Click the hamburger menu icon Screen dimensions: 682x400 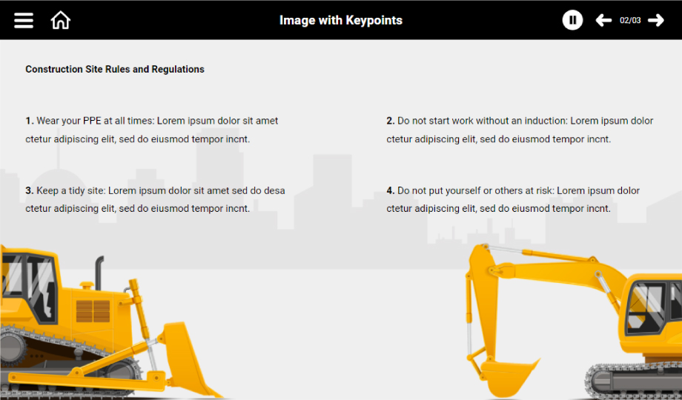tap(24, 20)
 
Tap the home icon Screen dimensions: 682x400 tap(61, 20)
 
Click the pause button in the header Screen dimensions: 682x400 tap(572, 20)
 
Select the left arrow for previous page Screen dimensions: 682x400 tap(603, 20)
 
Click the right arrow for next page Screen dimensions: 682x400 tap(656, 20)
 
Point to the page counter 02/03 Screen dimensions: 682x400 tap(630, 21)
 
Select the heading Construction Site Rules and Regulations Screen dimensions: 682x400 tap(115, 69)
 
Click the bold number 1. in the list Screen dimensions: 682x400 tap(30, 121)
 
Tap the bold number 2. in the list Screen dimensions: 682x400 tap(391, 121)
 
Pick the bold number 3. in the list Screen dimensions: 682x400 tap(30, 190)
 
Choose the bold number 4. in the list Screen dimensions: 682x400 tap(391, 190)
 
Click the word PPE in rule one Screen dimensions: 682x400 tap(92, 121)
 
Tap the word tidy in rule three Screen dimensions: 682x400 tap(76, 191)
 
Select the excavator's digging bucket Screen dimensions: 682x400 tap(509, 376)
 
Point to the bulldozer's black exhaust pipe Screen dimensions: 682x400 tap(99, 273)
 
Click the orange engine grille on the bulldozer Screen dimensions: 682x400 tap(93, 311)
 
